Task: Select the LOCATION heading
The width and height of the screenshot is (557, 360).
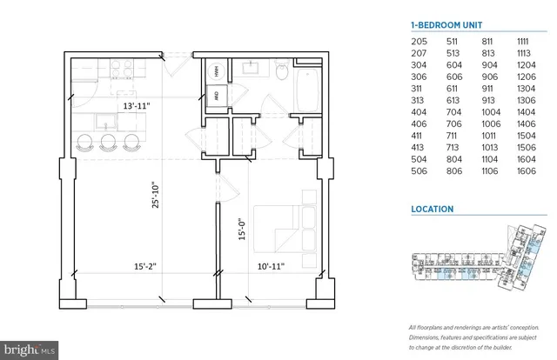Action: point(433,210)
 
